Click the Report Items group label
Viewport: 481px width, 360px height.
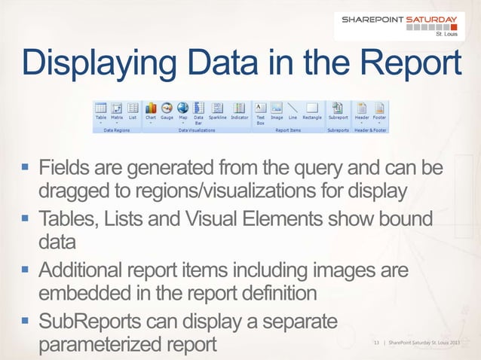pos(287,130)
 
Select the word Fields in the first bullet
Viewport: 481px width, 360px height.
pos(66,166)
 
